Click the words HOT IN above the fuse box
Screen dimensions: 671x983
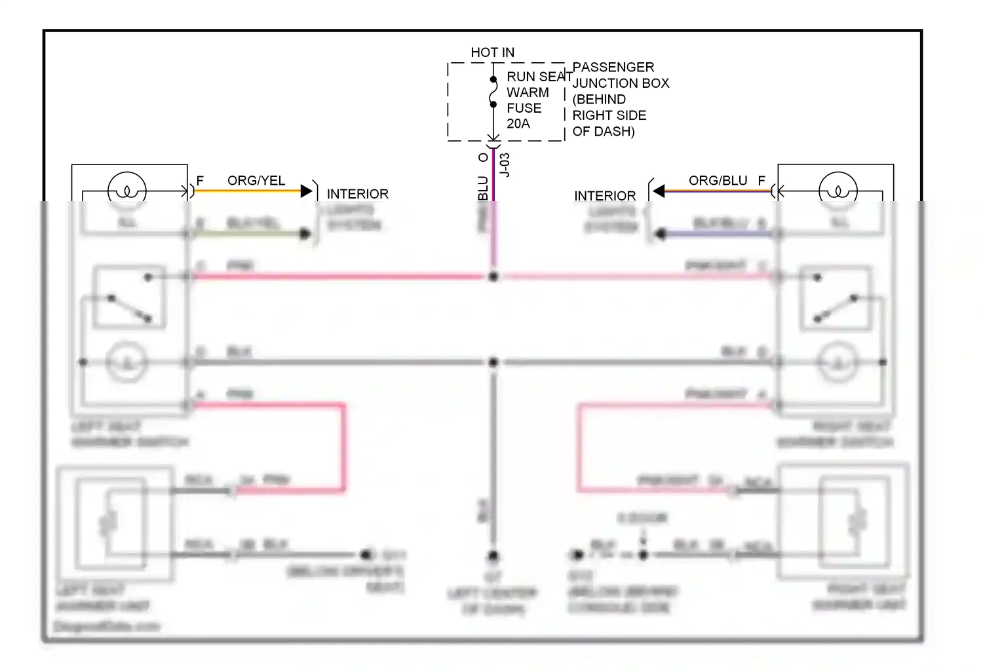click(x=492, y=52)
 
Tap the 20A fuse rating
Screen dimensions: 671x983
click(x=518, y=124)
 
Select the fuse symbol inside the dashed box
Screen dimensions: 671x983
click(x=493, y=92)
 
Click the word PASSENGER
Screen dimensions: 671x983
click(x=613, y=67)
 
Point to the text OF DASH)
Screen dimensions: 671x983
click(x=603, y=131)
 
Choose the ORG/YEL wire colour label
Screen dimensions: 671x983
click(x=256, y=181)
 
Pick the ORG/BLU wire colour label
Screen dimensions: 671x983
click(x=718, y=181)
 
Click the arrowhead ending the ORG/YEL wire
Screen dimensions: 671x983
click(x=306, y=191)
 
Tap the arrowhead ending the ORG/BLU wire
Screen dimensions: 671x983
click(x=659, y=191)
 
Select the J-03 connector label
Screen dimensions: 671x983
click(x=505, y=164)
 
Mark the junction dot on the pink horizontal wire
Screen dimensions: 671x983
click(x=493, y=277)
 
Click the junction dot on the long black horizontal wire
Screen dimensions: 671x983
click(x=493, y=362)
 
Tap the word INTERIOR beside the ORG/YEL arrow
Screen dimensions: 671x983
click(x=357, y=195)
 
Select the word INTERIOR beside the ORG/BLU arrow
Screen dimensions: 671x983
click(x=604, y=197)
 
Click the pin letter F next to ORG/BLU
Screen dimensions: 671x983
click(x=761, y=181)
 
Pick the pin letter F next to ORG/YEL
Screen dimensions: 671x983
click(x=200, y=181)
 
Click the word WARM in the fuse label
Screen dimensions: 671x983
click(x=528, y=93)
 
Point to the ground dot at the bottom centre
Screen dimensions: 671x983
click(x=493, y=557)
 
